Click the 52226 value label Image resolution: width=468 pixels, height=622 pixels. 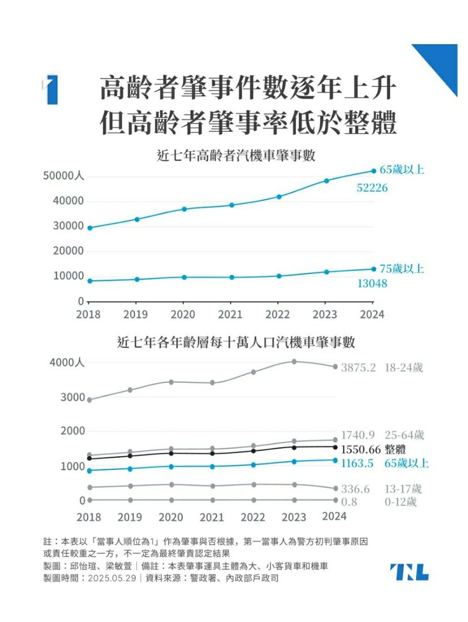coord(372,188)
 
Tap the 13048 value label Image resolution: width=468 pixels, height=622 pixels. coord(372,283)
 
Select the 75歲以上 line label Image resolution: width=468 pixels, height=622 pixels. coord(401,269)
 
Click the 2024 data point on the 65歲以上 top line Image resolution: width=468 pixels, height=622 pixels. coord(374,171)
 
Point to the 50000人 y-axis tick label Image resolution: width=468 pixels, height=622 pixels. coord(64,176)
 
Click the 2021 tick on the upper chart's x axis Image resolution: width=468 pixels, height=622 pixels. coord(230,314)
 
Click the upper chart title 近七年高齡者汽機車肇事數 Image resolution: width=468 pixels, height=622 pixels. coord(237,156)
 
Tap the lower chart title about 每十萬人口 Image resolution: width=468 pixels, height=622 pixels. coord(236,343)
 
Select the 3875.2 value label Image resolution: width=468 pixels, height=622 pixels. coord(358,367)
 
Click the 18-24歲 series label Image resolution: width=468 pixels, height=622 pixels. coord(403,367)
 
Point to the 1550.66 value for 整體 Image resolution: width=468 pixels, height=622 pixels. coord(361,449)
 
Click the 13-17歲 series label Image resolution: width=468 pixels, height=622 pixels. coord(403,489)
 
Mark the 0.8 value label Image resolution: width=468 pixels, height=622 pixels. coord(348,502)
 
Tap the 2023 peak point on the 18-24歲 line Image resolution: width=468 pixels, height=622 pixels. coord(294,362)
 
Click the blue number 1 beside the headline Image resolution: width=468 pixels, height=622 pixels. coord(52,90)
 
